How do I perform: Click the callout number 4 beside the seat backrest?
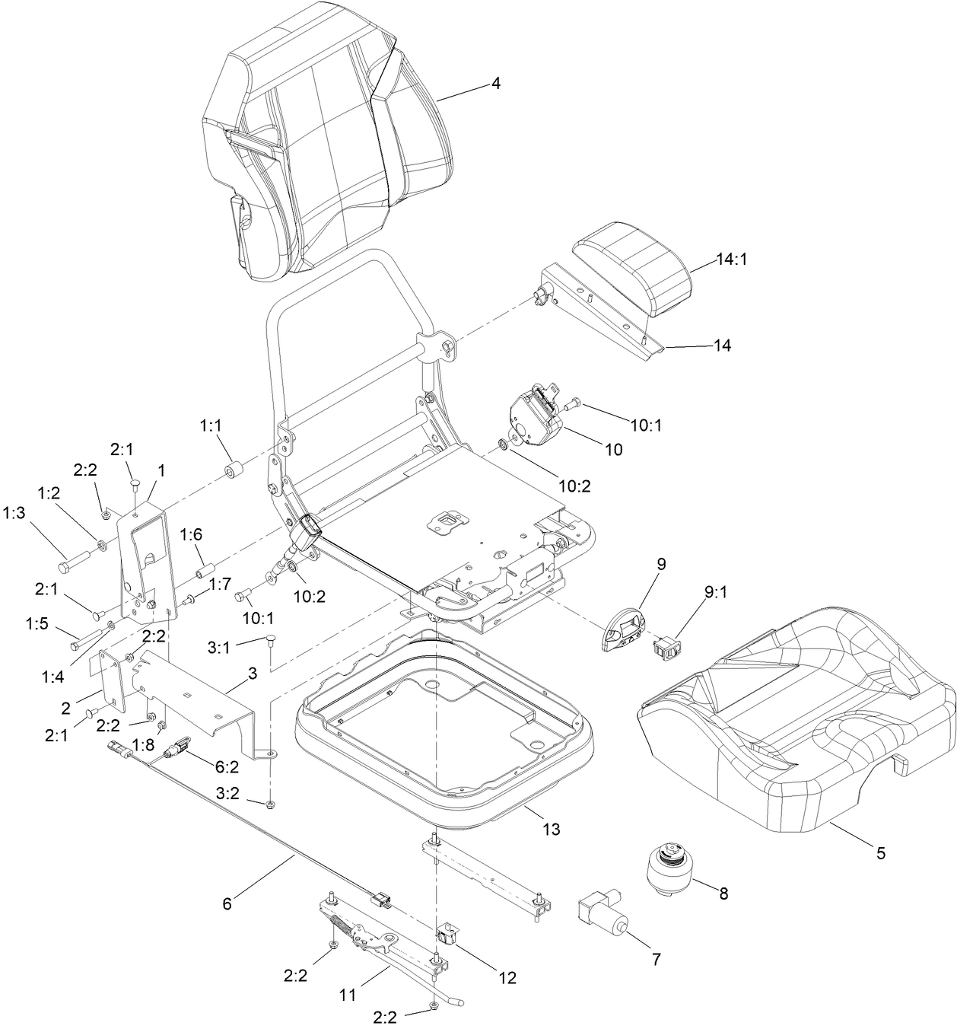[495, 84]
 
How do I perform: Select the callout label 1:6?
[191, 535]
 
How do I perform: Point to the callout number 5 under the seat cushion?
[880, 853]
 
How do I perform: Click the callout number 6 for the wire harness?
[227, 903]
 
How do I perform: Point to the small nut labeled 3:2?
[271, 804]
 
